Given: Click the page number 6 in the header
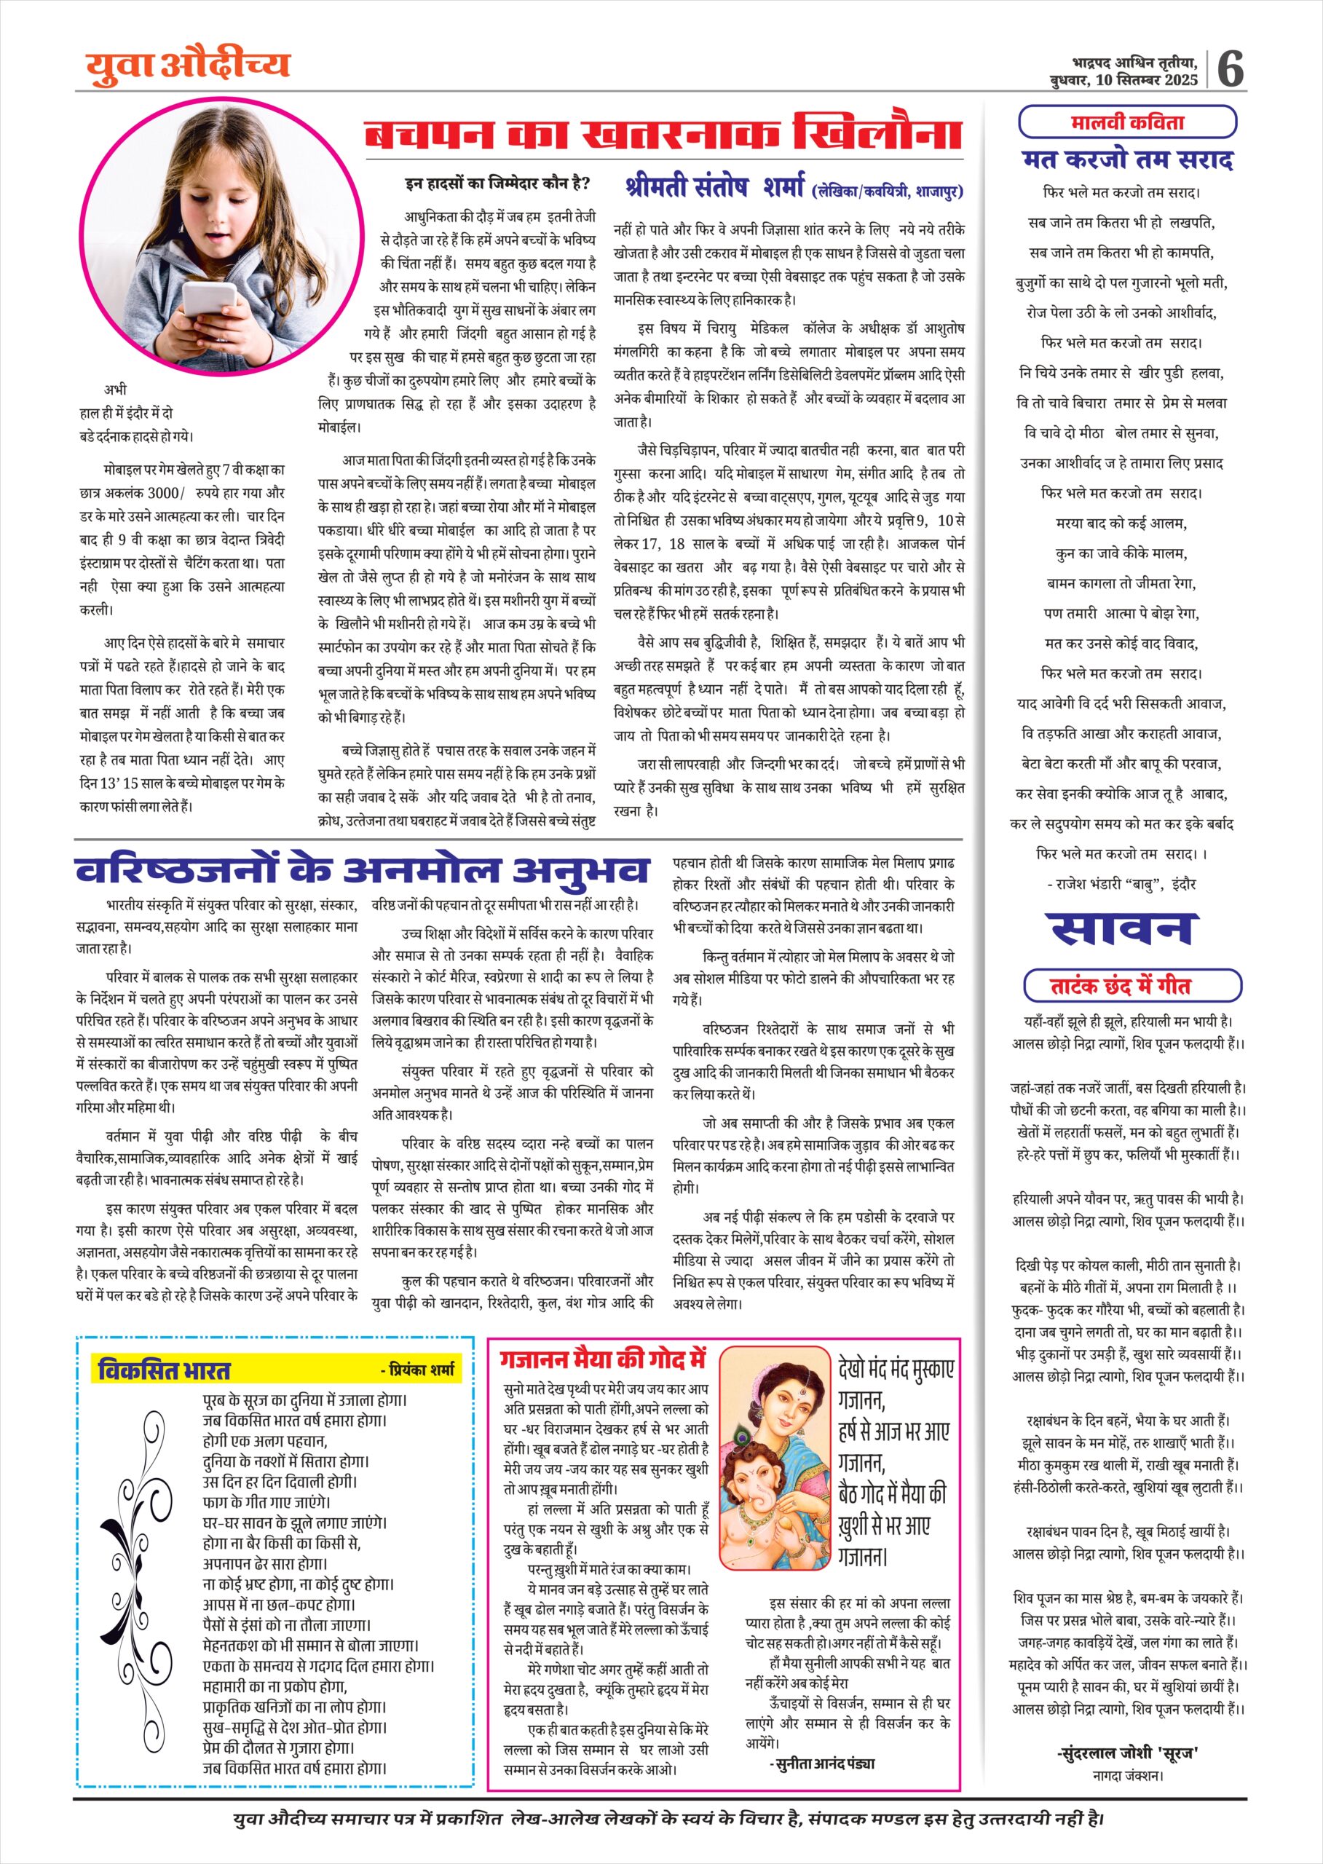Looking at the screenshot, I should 1230,68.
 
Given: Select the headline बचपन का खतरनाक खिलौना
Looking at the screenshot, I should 663,133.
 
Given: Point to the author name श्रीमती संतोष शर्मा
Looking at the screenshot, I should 714,186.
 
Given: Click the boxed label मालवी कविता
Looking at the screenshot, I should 1127,123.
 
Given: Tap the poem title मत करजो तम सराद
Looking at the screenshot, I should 1127,159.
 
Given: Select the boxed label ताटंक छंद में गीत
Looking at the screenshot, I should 1132,986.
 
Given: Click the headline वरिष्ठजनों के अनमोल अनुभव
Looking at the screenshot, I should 363,870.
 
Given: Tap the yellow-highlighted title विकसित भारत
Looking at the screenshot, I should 165,1370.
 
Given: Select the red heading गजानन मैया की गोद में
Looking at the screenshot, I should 603,1359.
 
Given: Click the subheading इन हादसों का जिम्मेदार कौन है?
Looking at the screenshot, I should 497,183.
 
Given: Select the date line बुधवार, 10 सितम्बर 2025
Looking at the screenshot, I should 1123,79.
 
